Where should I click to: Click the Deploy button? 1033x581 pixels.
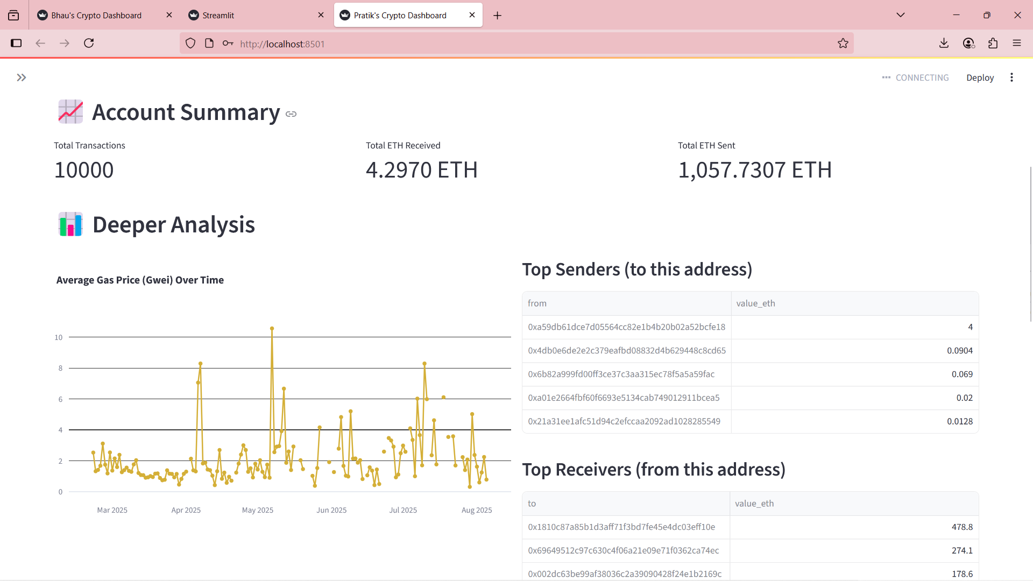click(x=980, y=77)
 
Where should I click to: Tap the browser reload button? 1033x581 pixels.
click(x=89, y=43)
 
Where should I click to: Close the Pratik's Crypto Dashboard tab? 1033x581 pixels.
click(x=472, y=15)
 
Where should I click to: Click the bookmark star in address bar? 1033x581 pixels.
click(x=843, y=44)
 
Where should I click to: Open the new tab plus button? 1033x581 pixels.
click(x=497, y=16)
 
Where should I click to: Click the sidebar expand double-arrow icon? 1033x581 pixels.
click(x=22, y=77)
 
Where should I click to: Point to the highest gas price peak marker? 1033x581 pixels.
click(x=272, y=328)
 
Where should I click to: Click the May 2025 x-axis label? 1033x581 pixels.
click(x=257, y=510)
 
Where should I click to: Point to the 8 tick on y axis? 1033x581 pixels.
click(x=60, y=369)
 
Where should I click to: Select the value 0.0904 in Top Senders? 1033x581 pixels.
click(x=959, y=351)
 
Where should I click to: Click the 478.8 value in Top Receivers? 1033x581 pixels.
click(x=961, y=527)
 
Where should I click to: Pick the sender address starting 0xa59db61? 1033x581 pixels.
click(x=626, y=327)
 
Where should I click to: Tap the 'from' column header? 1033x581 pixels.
click(x=537, y=303)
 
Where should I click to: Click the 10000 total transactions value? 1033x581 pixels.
click(x=84, y=170)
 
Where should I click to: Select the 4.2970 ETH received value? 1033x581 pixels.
click(x=421, y=170)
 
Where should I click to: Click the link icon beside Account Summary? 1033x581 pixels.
click(x=291, y=114)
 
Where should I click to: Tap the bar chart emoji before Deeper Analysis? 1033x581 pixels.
click(x=70, y=224)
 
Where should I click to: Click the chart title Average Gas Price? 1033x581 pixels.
click(x=140, y=280)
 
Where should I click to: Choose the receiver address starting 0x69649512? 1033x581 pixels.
click(x=623, y=550)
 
